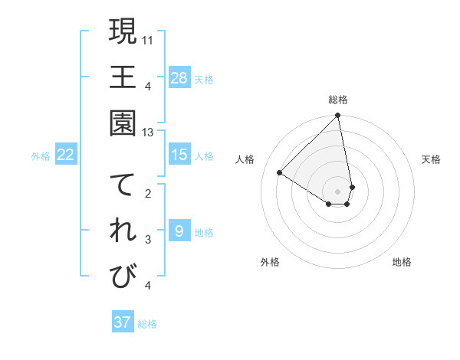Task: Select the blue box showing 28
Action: [179, 77]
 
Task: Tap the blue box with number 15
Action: [179, 155]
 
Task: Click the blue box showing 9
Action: [179, 231]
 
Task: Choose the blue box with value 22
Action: [66, 155]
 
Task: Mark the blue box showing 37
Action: [123, 322]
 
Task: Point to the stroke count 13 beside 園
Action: [148, 133]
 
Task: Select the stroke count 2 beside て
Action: [148, 194]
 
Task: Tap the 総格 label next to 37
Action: [147, 324]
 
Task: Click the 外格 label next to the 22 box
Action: [41, 156]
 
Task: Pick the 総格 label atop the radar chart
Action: [338, 100]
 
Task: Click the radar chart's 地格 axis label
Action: [402, 262]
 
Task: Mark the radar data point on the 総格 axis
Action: [337, 116]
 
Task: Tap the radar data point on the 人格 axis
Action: [280, 173]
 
